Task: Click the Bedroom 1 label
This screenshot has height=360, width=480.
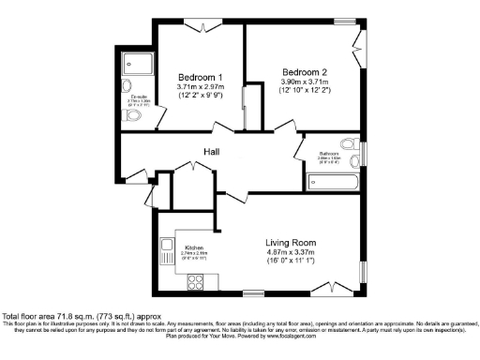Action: click(x=200, y=77)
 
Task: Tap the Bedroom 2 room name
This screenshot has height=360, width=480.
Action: click(x=304, y=72)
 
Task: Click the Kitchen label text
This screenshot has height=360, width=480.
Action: click(x=181, y=247)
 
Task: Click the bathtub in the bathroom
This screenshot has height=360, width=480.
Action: click(x=329, y=181)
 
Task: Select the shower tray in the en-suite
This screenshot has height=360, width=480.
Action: click(x=139, y=63)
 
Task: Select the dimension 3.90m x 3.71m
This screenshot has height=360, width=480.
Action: click(x=305, y=82)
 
